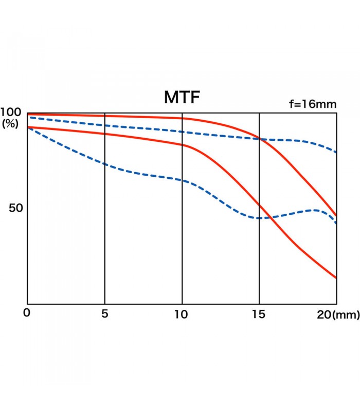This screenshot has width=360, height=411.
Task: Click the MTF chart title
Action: pos(182,98)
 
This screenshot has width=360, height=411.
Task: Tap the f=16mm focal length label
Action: pos(312,104)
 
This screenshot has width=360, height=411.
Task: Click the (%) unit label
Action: pos(11,124)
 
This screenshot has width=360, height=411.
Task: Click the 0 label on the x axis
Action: pos(27,313)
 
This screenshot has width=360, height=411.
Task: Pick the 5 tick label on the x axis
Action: pos(105,314)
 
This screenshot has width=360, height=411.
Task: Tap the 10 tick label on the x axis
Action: pos(182,314)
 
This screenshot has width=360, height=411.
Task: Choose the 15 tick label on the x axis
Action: pos(259,314)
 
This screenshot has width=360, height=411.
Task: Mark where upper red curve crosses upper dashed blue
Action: pos(259,139)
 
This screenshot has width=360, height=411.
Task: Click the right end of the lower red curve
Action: pos(336,278)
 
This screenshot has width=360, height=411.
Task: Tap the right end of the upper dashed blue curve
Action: pos(336,152)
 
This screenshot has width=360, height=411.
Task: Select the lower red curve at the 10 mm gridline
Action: pos(182,145)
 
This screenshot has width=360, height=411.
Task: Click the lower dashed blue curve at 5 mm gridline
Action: pos(105,164)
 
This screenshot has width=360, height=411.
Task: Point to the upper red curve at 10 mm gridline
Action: pos(182,118)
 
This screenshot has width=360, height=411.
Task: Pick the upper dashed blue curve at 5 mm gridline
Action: pos(105,125)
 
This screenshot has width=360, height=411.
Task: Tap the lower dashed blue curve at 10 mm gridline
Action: pos(182,180)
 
